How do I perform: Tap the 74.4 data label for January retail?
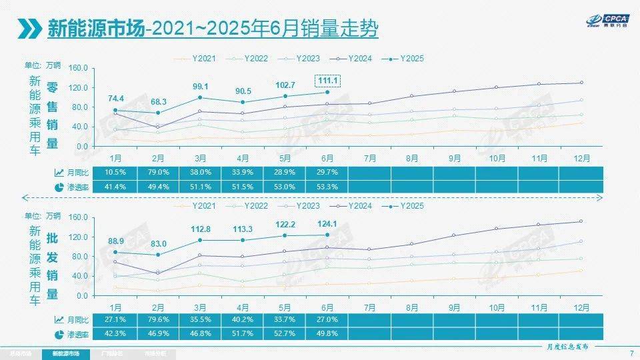[115, 99]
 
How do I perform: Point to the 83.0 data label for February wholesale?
[158, 243]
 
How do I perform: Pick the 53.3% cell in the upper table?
[327, 187]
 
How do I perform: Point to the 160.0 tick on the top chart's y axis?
[79, 68]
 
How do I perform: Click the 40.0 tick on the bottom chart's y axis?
[79, 276]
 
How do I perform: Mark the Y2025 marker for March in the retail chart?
[200, 97]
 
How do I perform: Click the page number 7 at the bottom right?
[631, 353]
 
